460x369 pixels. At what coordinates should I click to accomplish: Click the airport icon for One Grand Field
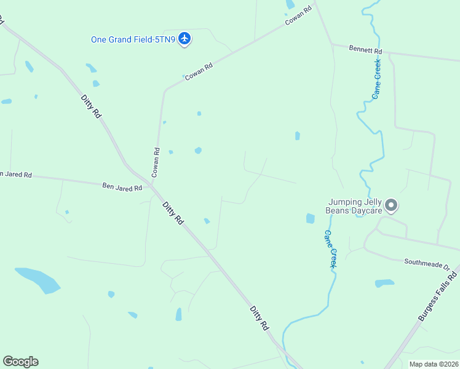tap(184, 39)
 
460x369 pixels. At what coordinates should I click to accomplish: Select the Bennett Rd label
tap(365, 49)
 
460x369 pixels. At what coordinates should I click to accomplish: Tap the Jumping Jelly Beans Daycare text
tap(355, 205)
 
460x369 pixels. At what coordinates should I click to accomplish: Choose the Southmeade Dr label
tap(427, 264)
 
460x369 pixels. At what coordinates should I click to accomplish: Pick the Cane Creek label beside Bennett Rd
tap(376, 79)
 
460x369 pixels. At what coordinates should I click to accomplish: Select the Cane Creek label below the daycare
tap(331, 248)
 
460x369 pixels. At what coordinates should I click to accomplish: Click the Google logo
tap(20, 361)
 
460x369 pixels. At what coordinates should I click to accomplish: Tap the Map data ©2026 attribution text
tap(433, 364)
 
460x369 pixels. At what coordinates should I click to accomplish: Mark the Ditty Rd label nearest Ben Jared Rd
tap(173, 212)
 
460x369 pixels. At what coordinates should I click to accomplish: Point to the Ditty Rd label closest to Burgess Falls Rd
tap(260, 317)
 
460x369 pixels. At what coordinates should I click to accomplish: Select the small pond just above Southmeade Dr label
tap(384, 283)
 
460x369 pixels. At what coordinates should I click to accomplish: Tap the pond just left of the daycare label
tap(310, 218)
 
